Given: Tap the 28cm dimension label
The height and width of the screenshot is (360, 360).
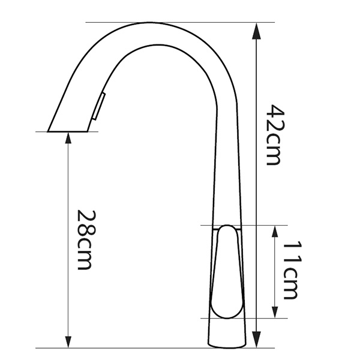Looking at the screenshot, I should (x=86, y=239).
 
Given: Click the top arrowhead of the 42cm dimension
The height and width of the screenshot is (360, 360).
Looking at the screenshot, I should (x=257, y=29).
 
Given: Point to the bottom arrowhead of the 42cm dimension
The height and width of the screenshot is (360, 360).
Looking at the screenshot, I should (x=257, y=342).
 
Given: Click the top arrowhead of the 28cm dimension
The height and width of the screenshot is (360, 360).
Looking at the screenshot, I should (x=68, y=137).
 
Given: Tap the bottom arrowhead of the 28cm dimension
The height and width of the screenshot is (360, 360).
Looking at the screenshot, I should (x=68, y=342).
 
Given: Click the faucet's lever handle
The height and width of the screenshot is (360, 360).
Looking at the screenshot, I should (x=227, y=270).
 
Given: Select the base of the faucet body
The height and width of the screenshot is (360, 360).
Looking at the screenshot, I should (x=227, y=341).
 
